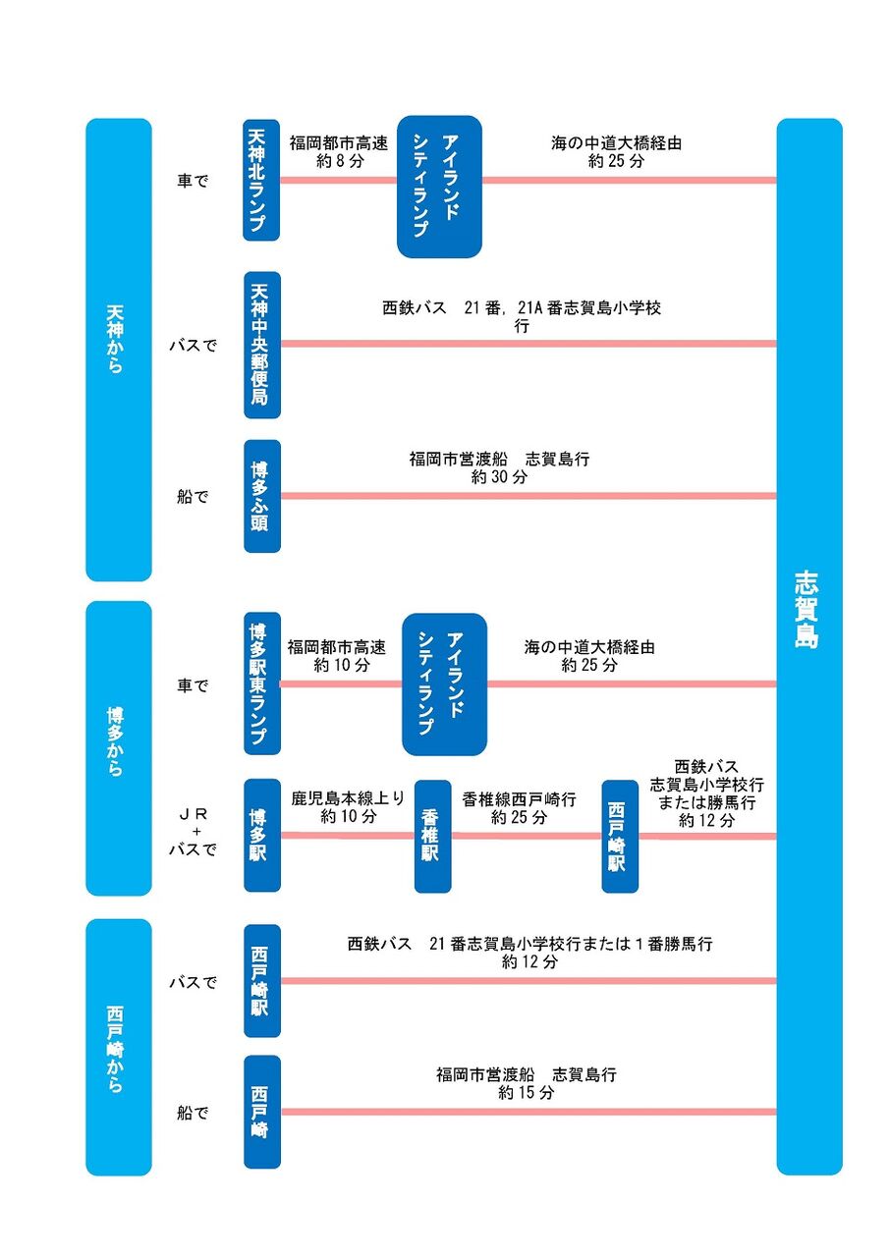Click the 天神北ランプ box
(261, 180)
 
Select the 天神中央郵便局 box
(262, 345)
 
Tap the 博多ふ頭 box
(262, 497)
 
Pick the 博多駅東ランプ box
(262, 683)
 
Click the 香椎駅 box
(432, 836)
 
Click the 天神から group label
(115, 340)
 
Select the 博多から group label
(115, 741)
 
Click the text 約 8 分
(340, 162)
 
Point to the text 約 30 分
(499, 477)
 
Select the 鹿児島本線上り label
(348, 798)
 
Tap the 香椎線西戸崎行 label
(519, 799)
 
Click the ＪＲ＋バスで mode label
(194, 832)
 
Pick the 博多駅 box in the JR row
(262, 836)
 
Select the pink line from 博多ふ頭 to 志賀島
(528, 496)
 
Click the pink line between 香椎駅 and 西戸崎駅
(527, 836)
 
